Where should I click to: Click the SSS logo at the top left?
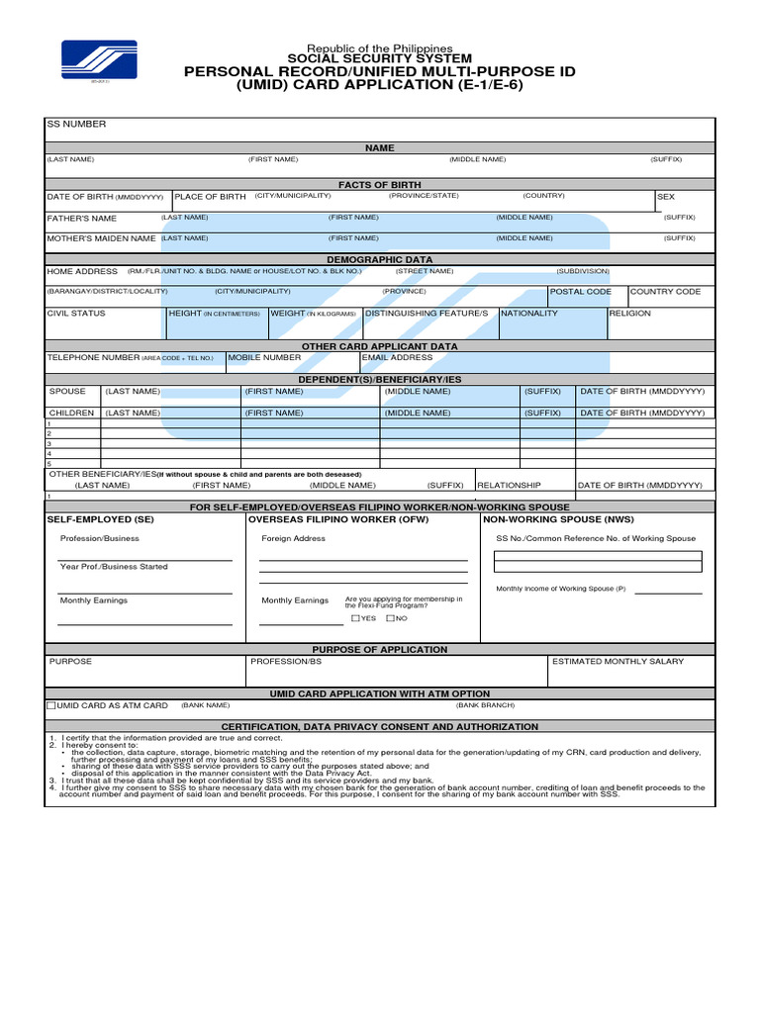pos(99,60)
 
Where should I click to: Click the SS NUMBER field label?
pos(76,125)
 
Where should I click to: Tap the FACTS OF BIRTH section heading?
pos(379,185)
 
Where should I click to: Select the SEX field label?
pos(665,198)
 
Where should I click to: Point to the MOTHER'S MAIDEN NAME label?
pos(101,238)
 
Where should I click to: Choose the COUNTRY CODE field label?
pos(665,292)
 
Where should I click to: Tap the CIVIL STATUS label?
pos(76,314)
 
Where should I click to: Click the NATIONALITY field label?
pos(529,314)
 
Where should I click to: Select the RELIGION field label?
pos(630,314)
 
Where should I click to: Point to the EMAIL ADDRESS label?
pos(397,358)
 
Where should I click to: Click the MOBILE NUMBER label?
pos(264,358)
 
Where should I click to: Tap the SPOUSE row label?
pos(68,392)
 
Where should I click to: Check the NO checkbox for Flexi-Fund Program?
pos(390,618)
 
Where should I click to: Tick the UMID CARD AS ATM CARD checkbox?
pos(51,706)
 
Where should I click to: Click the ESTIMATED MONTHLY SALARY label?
pos(617,661)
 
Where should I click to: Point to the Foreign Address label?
pos(293,539)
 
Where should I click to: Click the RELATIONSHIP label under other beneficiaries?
pos(510,486)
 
